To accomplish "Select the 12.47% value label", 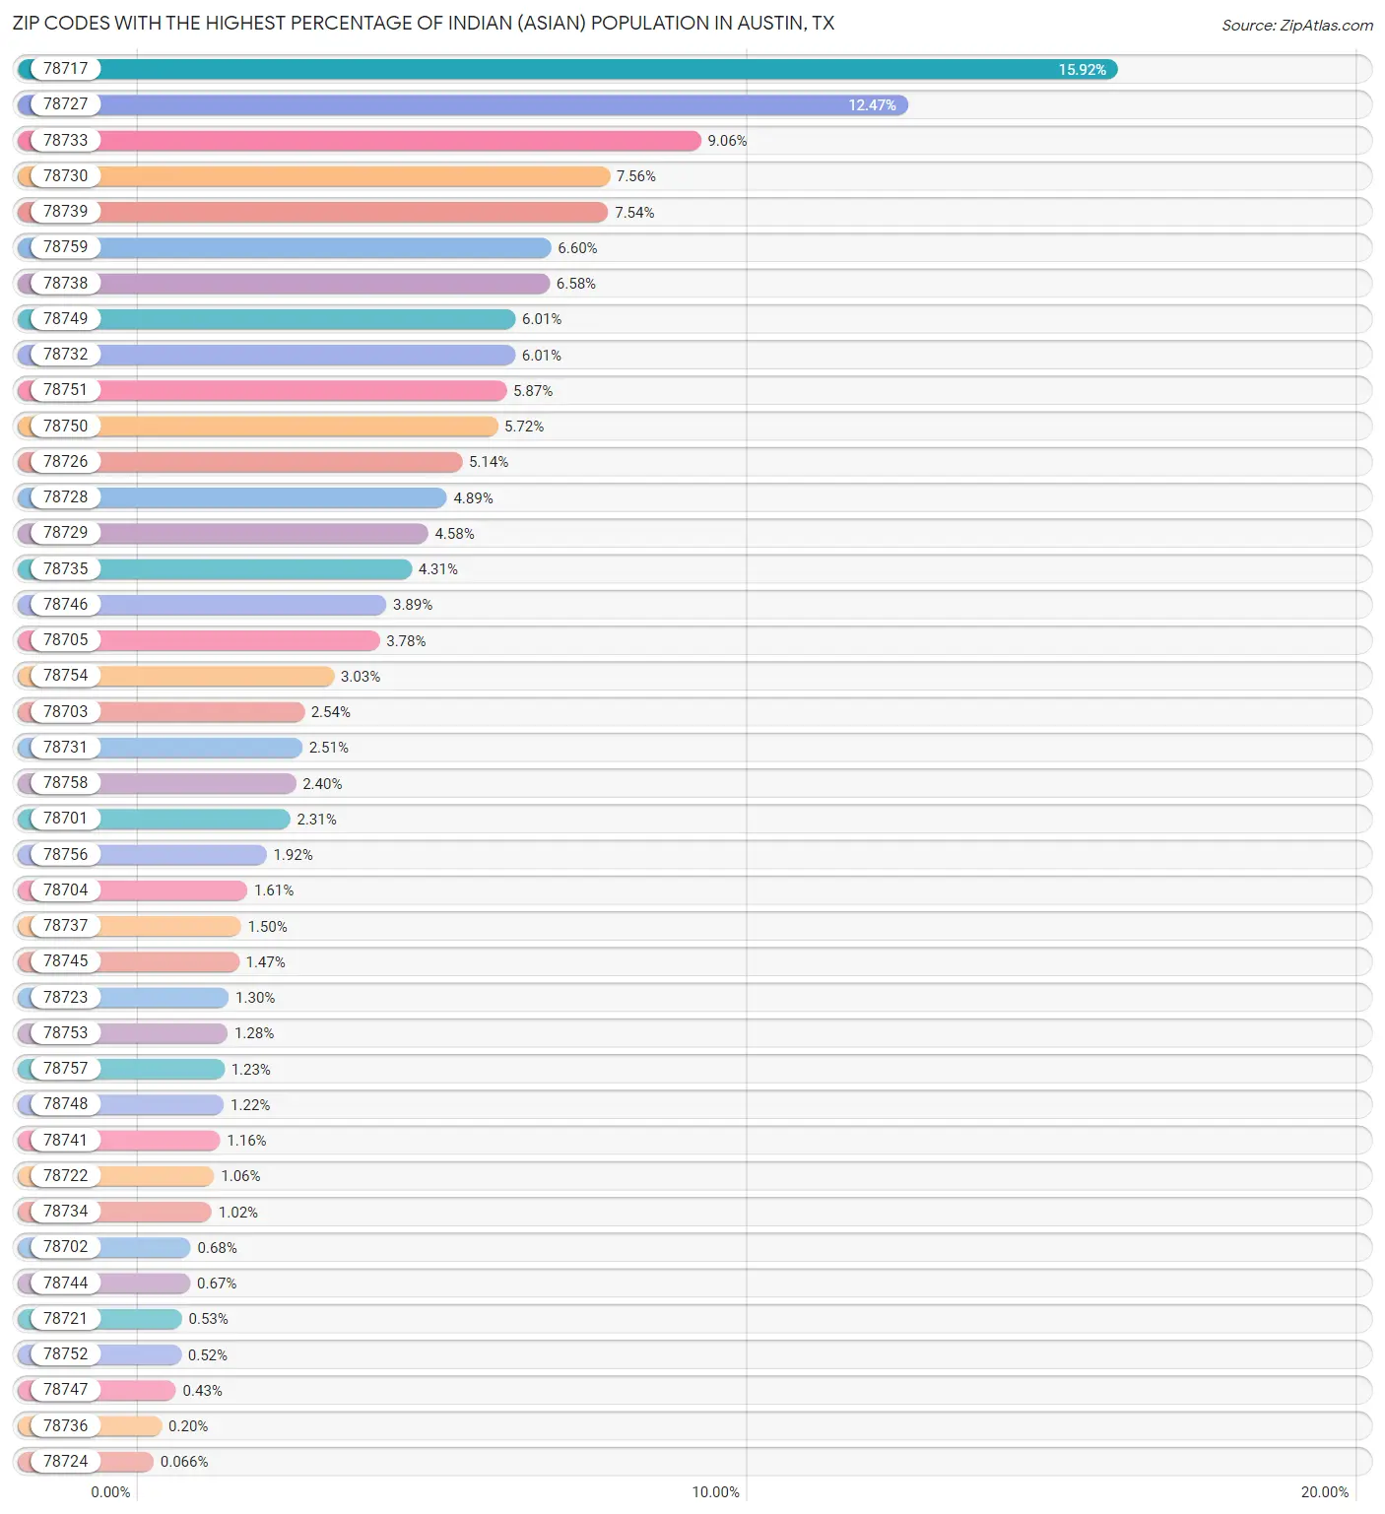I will click(872, 105).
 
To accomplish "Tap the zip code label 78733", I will click(65, 140).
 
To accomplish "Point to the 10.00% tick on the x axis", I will click(715, 1491).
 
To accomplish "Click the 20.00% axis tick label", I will click(1324, 1491).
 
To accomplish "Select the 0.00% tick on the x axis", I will click(110, 1491).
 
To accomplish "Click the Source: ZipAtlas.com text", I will click(1296, 26).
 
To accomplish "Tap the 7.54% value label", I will click(634, 213).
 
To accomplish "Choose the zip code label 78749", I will click(65, 318).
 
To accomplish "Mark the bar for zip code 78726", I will click(281, 461).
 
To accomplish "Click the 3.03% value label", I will click(361, 677).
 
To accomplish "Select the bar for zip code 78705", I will click(239, 640).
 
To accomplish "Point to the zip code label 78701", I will click(65, 818).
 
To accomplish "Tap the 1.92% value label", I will click(293, 855).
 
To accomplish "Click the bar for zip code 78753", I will click(163, 1032).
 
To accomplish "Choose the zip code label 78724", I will click(65, 1461).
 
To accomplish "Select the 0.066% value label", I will click(184, 1462).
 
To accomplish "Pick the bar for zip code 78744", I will click(144, 1283).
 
